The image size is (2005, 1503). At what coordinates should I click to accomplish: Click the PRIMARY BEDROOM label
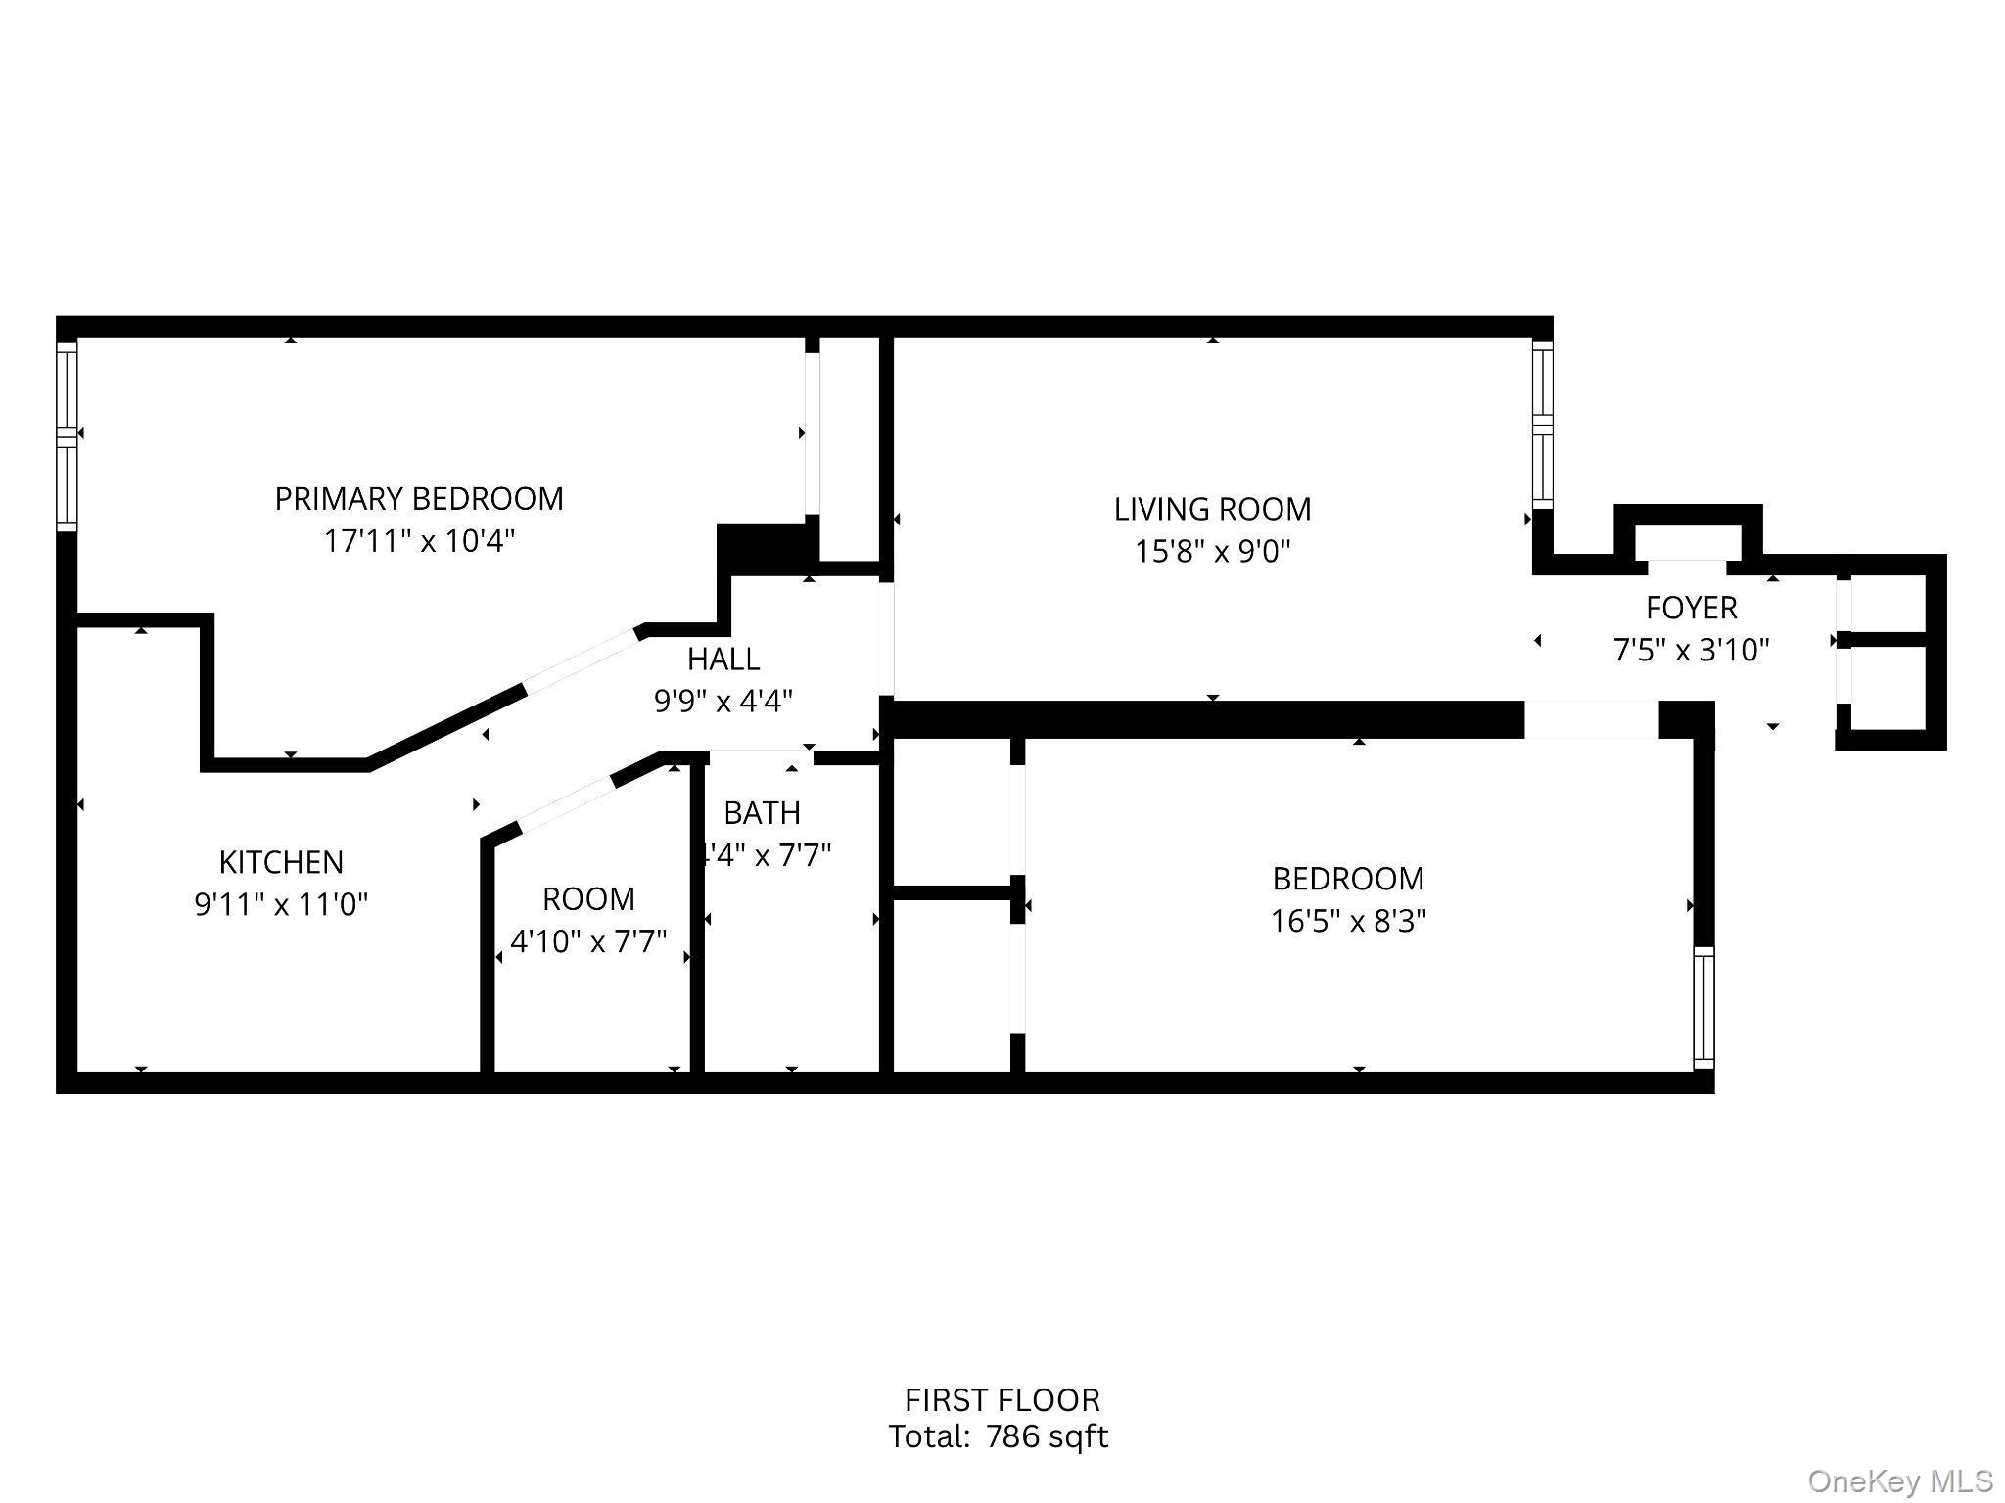[x=418, y=499]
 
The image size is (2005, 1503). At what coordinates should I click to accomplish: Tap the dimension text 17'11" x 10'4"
[x=418, y=541]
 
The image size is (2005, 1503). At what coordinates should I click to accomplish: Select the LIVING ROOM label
[x=1212, y=509]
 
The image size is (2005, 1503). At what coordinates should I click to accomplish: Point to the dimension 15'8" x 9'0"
[x=1212, y=552]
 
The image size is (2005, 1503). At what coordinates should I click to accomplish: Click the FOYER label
[x=1691, y=608]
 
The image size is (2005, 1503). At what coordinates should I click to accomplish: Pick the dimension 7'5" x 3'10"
[x=1691, y=650]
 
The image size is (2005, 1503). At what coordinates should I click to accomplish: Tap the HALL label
[x=723, y=660]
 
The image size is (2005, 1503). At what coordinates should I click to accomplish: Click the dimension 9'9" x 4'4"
[x=723, y=702]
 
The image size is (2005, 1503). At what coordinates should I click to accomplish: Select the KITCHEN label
[x=281, y=862]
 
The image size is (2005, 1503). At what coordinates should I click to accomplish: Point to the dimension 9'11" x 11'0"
[x=281, y=904]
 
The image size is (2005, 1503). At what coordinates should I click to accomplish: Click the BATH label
[x=762, y=813]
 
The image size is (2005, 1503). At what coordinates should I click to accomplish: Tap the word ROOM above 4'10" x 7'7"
[x=588, y=898]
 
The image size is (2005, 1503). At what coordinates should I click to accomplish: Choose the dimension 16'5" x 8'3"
[x=1348, y=921]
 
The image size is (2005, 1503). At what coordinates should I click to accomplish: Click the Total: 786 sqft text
[x=998, y=1436]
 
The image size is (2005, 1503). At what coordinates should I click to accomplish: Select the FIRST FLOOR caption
[x=1002, y=1400]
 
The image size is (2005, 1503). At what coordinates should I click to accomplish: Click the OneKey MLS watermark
[x=1899, y=1481]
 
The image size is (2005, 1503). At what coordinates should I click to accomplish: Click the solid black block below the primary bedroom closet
[x=767, y=548]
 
